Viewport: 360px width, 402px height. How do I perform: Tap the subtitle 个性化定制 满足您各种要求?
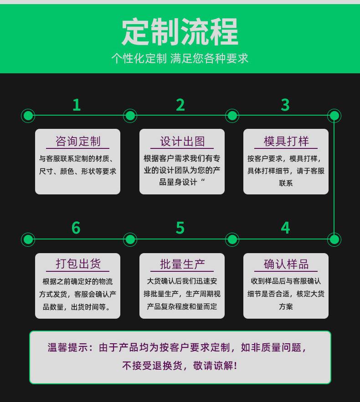coord(180,59)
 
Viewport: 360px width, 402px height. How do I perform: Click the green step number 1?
coord(77,105)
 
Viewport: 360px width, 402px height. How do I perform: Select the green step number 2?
coord(180,105)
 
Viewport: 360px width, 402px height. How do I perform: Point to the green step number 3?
coord(285,105)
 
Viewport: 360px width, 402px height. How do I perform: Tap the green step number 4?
coord(285,228)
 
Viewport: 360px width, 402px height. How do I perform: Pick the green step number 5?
coord(180,228)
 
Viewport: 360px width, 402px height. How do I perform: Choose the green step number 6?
coord(76,228)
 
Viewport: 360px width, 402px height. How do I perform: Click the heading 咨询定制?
coord(77,141)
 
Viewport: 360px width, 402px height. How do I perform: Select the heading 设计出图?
coord(182,141)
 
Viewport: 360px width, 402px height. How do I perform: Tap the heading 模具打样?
coord(286,141)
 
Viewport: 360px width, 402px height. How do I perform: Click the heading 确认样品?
coord(286,264)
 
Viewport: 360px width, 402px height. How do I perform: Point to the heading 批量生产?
coord(182,264)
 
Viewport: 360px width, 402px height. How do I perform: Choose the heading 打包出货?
coord(77,264)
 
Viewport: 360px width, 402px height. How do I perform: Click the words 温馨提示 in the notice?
coord(66,347)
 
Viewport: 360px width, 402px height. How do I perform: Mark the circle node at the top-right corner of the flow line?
coord(334,116)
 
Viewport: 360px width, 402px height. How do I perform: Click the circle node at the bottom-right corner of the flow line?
coord(334,239)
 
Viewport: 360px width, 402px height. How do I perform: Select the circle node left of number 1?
coord(28,116)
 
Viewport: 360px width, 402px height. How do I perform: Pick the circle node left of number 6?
coord(28,239)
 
